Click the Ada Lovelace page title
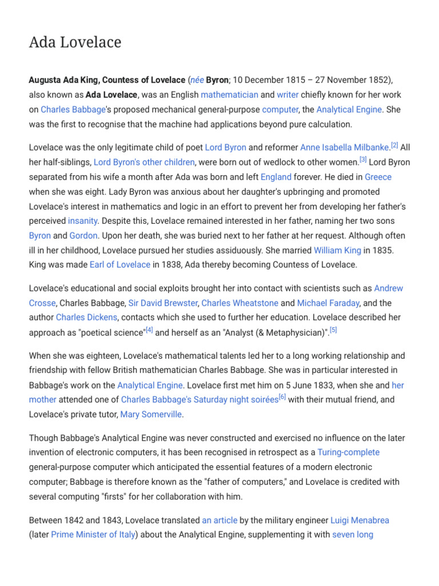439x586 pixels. [x=75, y=42]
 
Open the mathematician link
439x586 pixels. [x=229, y=94]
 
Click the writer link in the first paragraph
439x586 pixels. [x=288, y=94]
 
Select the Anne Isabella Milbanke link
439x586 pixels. [x=345, y=148]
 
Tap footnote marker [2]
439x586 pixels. [x=394, y=145]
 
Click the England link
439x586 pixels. [x=276, y=177]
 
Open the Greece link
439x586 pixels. [x=378, y=177]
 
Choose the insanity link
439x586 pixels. [x=83, y=221]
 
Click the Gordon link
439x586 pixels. [x=83, y=236]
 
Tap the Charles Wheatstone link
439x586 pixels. [x=240, y=303]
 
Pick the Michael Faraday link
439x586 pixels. [x=328, y=303]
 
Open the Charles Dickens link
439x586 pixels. [x=86, y=318]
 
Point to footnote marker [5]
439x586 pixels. [x=333, y=330]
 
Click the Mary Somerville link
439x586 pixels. [x=151, y=414]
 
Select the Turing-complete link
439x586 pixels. [x=348, y=453]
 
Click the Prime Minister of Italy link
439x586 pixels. [x=93, y=535]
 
